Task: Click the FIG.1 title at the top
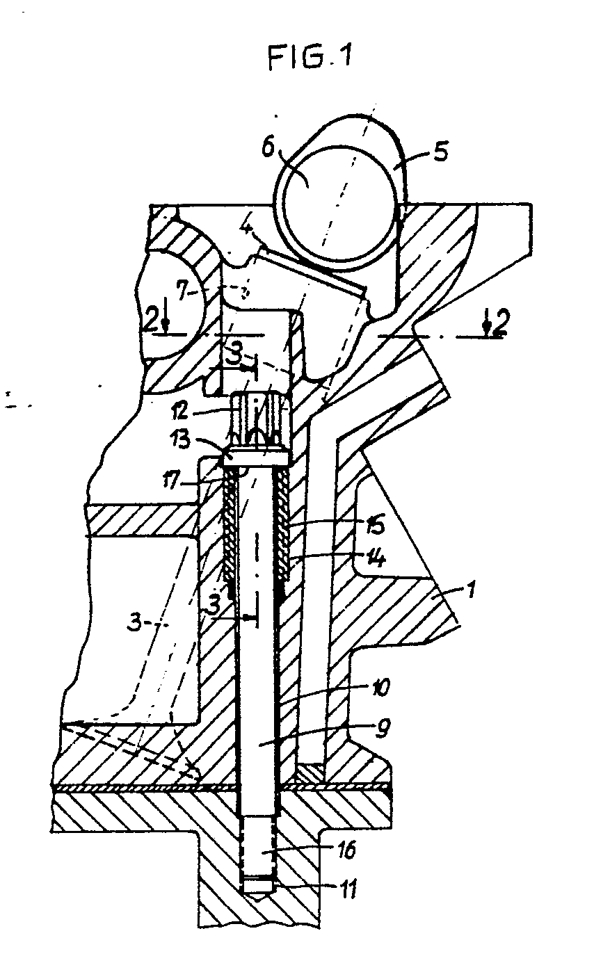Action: point(311,57)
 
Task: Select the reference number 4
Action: point(248,227)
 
